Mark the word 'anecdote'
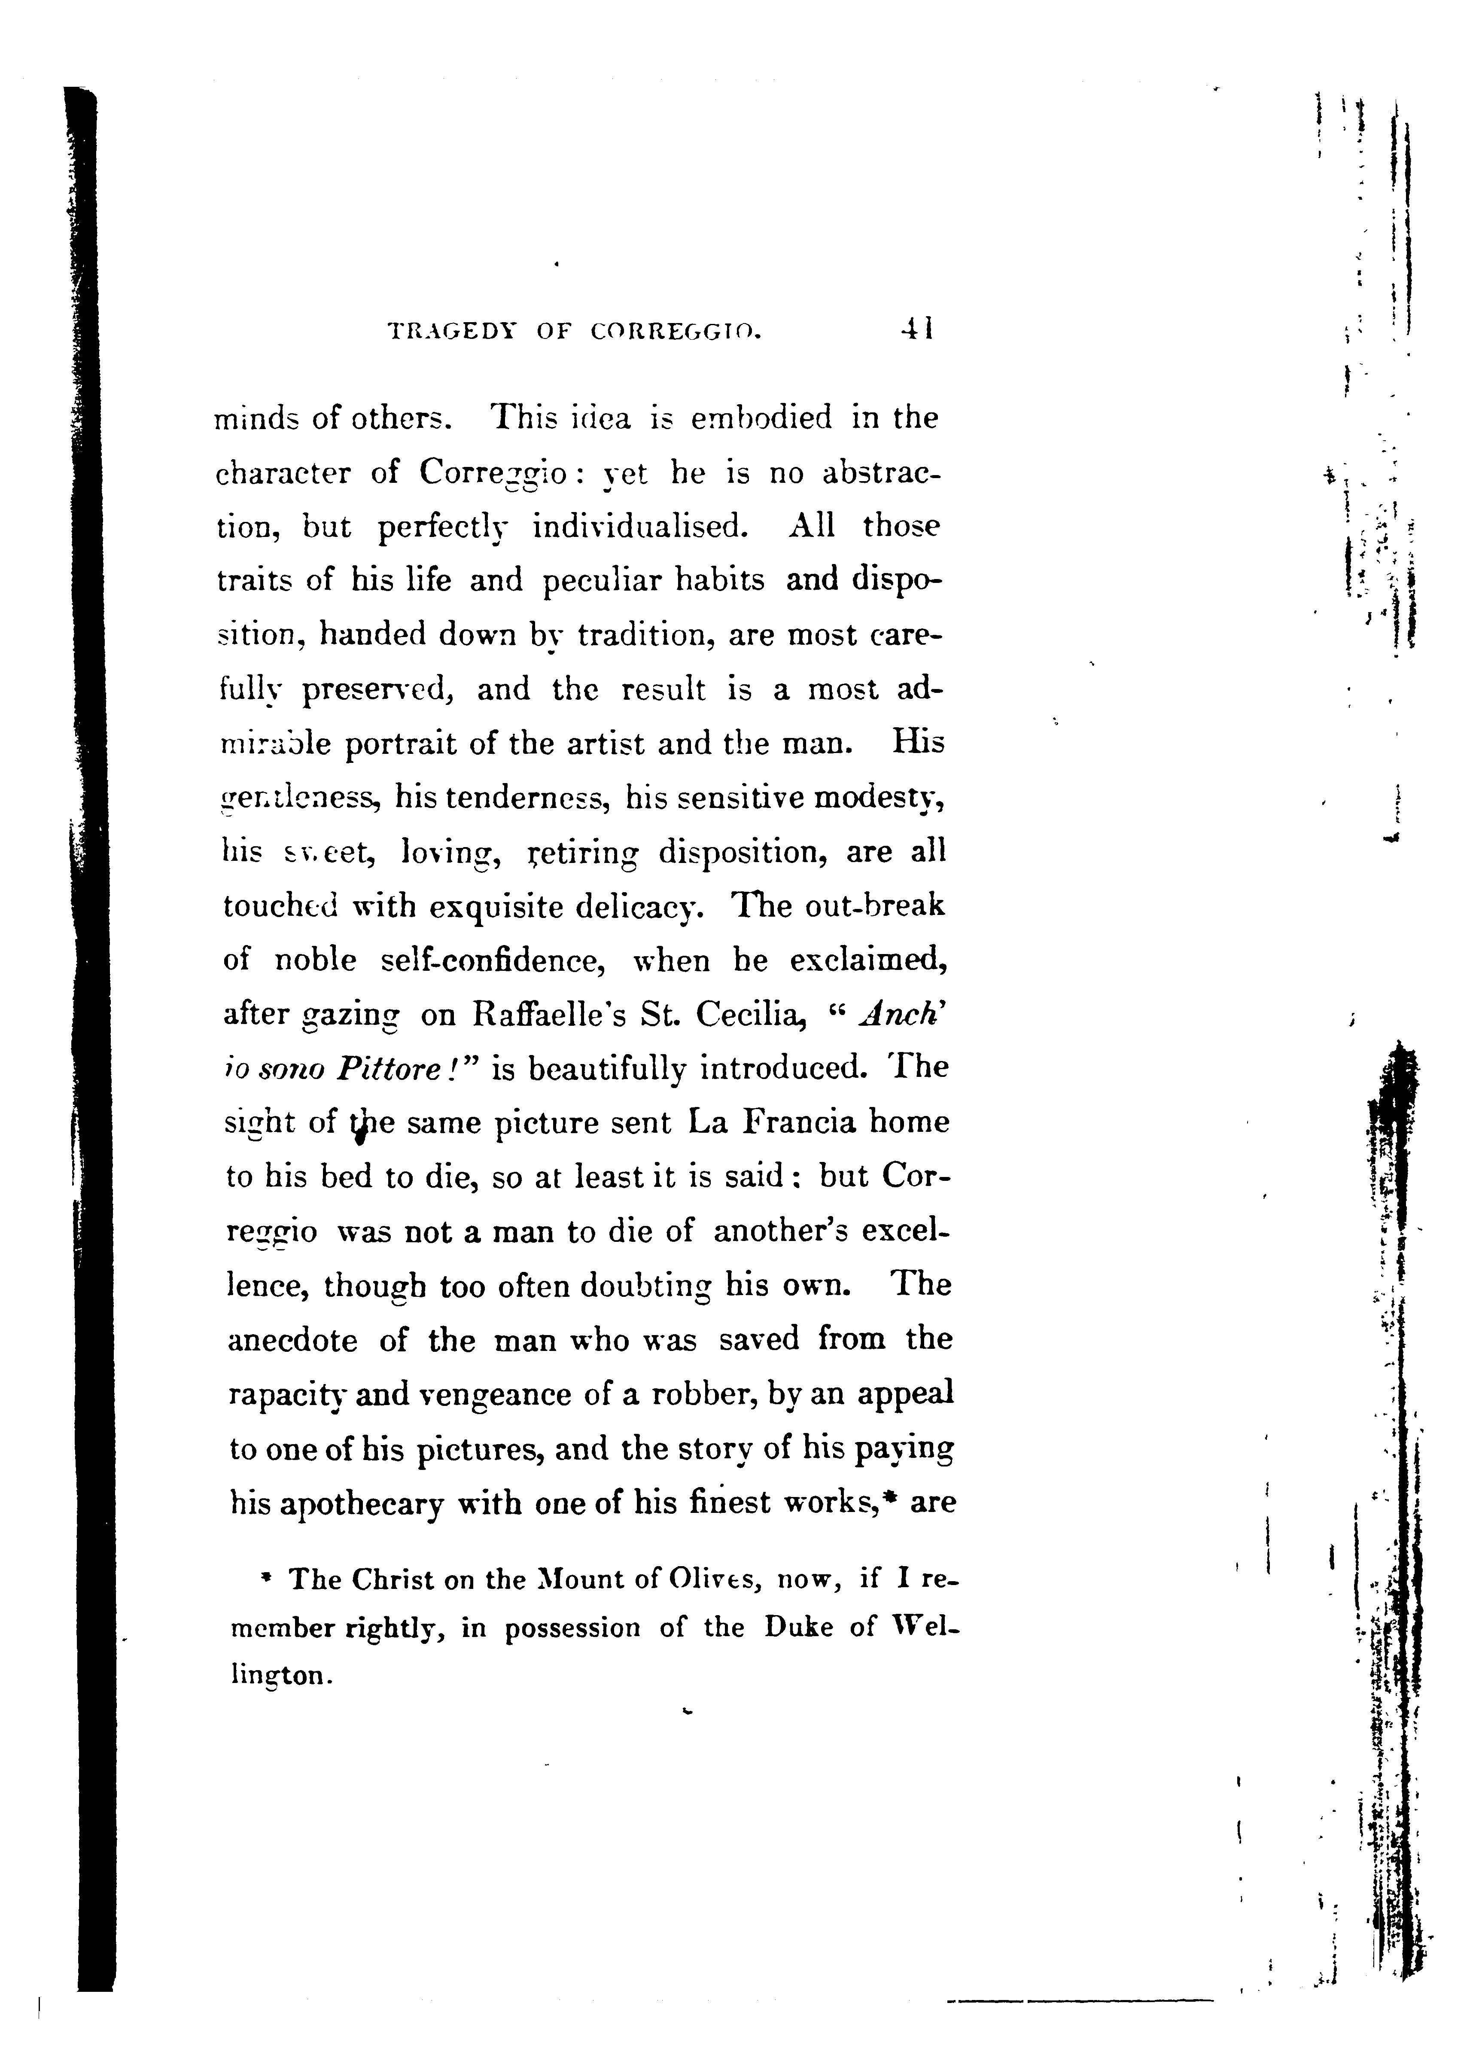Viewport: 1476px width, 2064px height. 290,1341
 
